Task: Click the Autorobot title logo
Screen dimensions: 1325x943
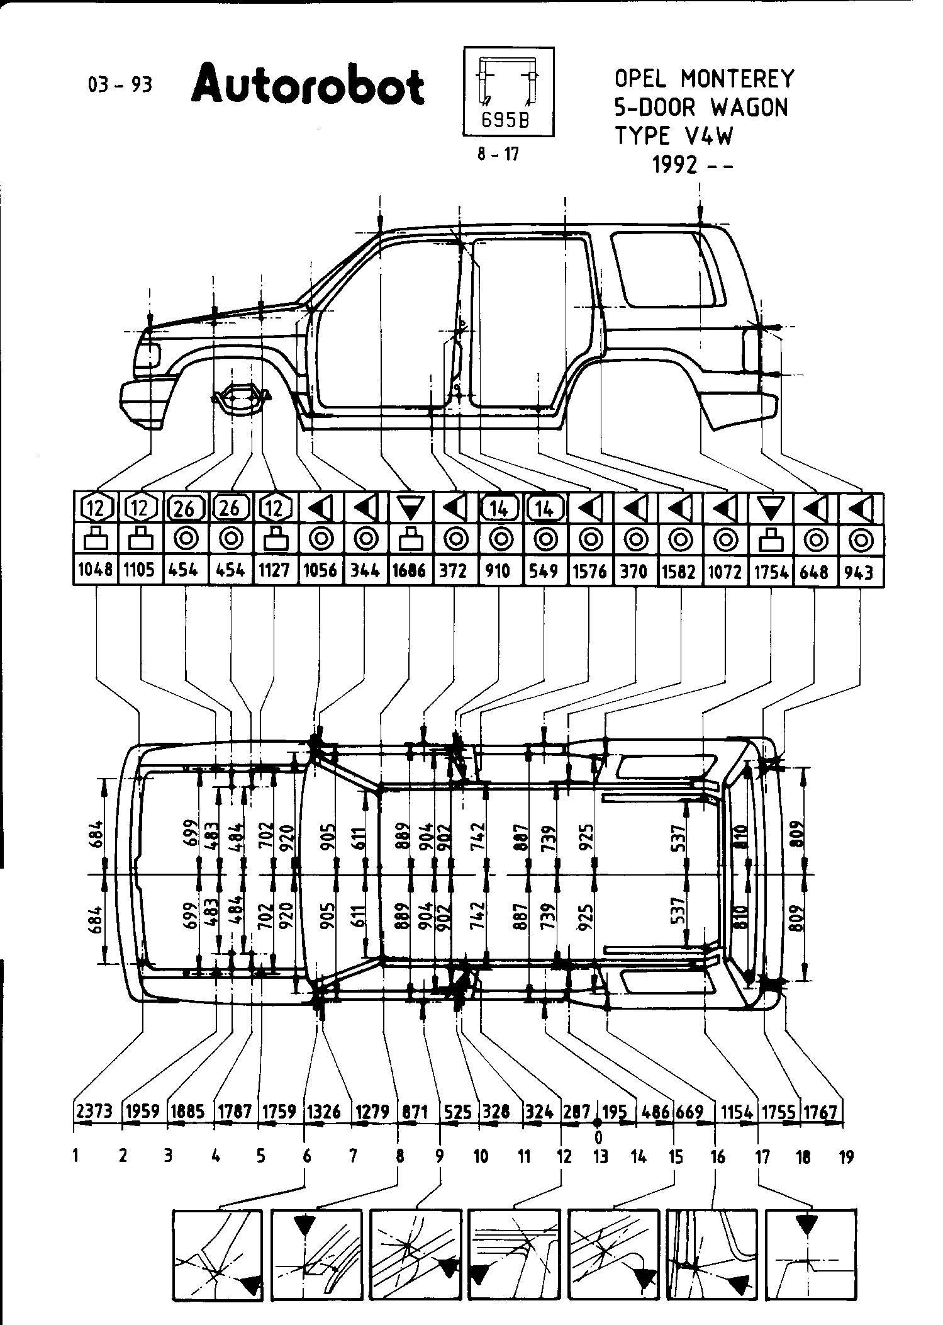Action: pos(308,86)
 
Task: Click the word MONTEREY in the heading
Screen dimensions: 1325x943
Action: pos(738,79)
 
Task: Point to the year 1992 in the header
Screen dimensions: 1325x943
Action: pos(675,164)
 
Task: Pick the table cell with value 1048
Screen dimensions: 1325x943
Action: pos(96,570)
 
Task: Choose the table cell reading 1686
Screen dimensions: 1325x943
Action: pos(410,570)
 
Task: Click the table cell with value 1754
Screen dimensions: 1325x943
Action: pos(771,571)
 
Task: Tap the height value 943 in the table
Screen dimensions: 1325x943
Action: pos(860,571)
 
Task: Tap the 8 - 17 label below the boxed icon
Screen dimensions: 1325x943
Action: pos(498,154)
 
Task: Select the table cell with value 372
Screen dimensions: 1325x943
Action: pos(454,570)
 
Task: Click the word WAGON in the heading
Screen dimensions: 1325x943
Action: pos(749,108)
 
